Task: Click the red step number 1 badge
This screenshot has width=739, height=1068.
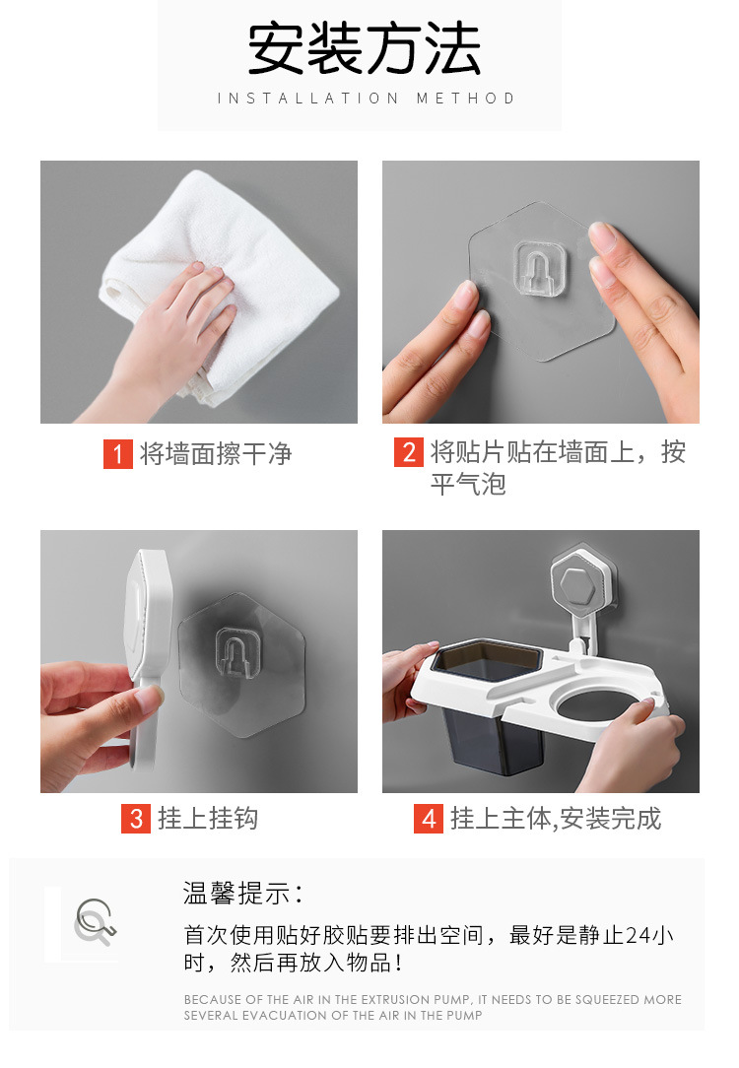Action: pyautogui.click(x=118, y=453)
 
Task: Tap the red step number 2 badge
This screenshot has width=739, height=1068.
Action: pyautogui.click(x=409, y=452)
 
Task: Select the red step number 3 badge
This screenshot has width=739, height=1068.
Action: pyautogui.click(x=136, y=818)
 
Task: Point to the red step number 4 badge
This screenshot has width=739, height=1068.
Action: pyautogui.click(x=429, y=818)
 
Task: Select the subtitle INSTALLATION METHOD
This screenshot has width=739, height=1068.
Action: pyautogui.click(x=366, y=99)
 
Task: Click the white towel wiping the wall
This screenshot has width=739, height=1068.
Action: pyautogui.click(x=218, y=286)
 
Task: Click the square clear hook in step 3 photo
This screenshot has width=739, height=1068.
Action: pyautogui.click(x=238, y=655)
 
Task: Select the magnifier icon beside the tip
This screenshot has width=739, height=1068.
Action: pyautogui.click(x=95, y=922)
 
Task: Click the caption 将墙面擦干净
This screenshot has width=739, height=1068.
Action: pyautogui.click(x=216, y=453)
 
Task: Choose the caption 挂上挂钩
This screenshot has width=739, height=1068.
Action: pyautogui.click(x=208, y=818)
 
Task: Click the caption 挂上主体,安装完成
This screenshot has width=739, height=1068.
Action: pyautogui.click(x=556, y=819)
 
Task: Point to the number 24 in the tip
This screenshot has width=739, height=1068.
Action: pyautogui.click(x=638, y=935)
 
